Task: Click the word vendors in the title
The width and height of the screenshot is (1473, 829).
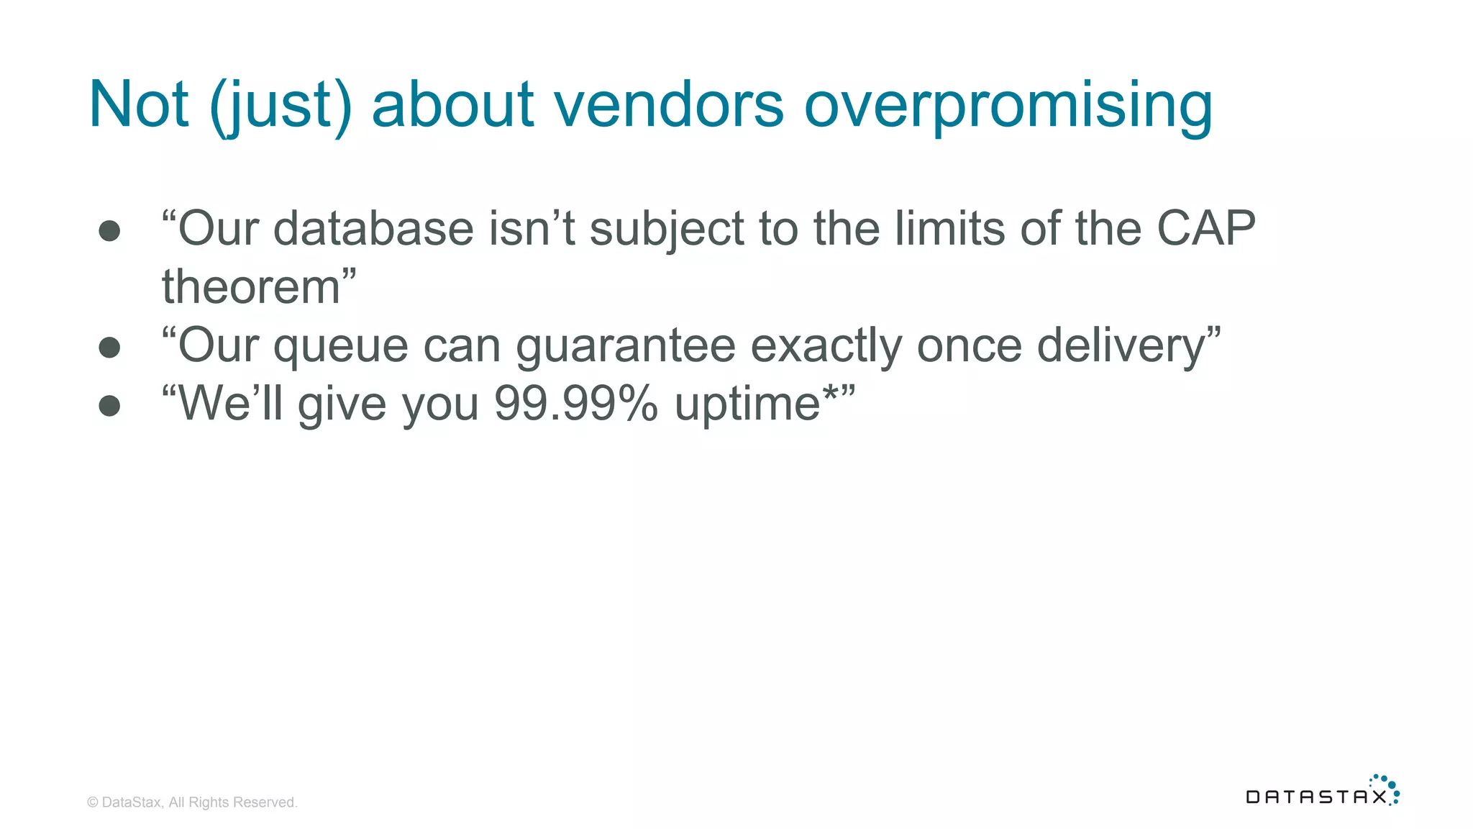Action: pyautogui.click(x=668, y=104)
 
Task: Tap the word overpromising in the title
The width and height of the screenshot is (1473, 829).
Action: pyautogui.click(x=1008, y=106)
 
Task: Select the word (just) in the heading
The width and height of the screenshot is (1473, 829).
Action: pyautogui.click(x=281, y=106)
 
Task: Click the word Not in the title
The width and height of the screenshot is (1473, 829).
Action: pyautogui.click(x=139, y=104)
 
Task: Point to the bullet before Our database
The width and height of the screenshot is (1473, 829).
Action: pyautogui.click(x=109, y=231)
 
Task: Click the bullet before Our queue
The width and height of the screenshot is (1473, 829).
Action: pyautogui.click(x=109, y=348)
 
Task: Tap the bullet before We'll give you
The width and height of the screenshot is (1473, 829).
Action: pyautogui.click(x=109, y=406)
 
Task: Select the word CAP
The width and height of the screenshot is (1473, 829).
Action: pyautogui.click(x=1206, y=229)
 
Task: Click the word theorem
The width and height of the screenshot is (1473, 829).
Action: pyautogui.click(x=251, y=286)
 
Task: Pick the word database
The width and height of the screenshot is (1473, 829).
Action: pyautogui.click(x=373, y=229)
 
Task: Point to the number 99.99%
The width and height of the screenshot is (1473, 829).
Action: pyautogui.click(x=575, y=404)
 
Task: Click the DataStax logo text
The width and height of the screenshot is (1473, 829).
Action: pyautogui.click(x=1315, y=797)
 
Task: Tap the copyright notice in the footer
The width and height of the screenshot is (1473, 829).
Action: pyautogui.click(x=192, y=802)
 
